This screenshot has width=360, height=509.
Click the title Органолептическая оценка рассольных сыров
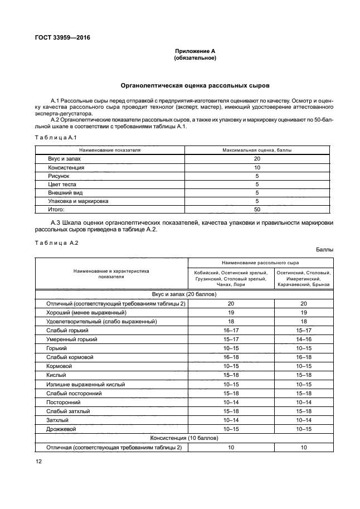pos(195,86)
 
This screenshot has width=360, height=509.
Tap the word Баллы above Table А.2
pos(324,249)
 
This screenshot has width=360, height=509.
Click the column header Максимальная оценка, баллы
pos(256,151)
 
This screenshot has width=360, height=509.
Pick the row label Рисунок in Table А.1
pos(59,176)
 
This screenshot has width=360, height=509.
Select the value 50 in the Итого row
pos(257,209)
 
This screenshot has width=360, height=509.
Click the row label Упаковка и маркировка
pos(78,201)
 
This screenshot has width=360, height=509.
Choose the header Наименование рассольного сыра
pos(260,261)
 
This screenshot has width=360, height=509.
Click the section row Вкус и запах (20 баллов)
pos(184,294)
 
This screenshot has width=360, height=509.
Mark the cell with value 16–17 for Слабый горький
pos(231,330)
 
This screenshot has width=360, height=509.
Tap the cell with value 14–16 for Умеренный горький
pos(304,339)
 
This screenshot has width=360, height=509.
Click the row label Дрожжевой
pos(61,429)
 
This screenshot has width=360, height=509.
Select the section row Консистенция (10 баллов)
pos(184,438)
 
